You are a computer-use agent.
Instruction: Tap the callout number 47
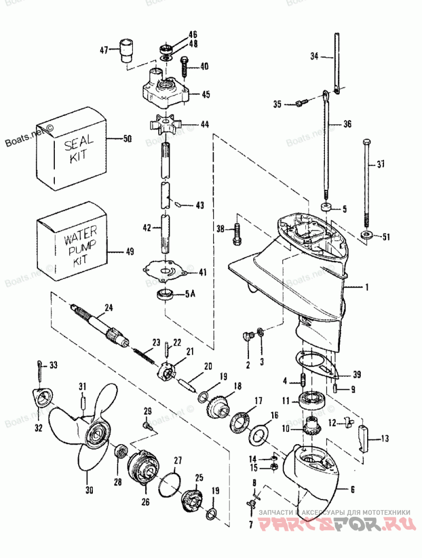point(103,51)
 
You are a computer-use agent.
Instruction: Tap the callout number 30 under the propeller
point(89,490)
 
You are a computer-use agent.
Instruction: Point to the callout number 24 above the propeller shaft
point(108,307)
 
